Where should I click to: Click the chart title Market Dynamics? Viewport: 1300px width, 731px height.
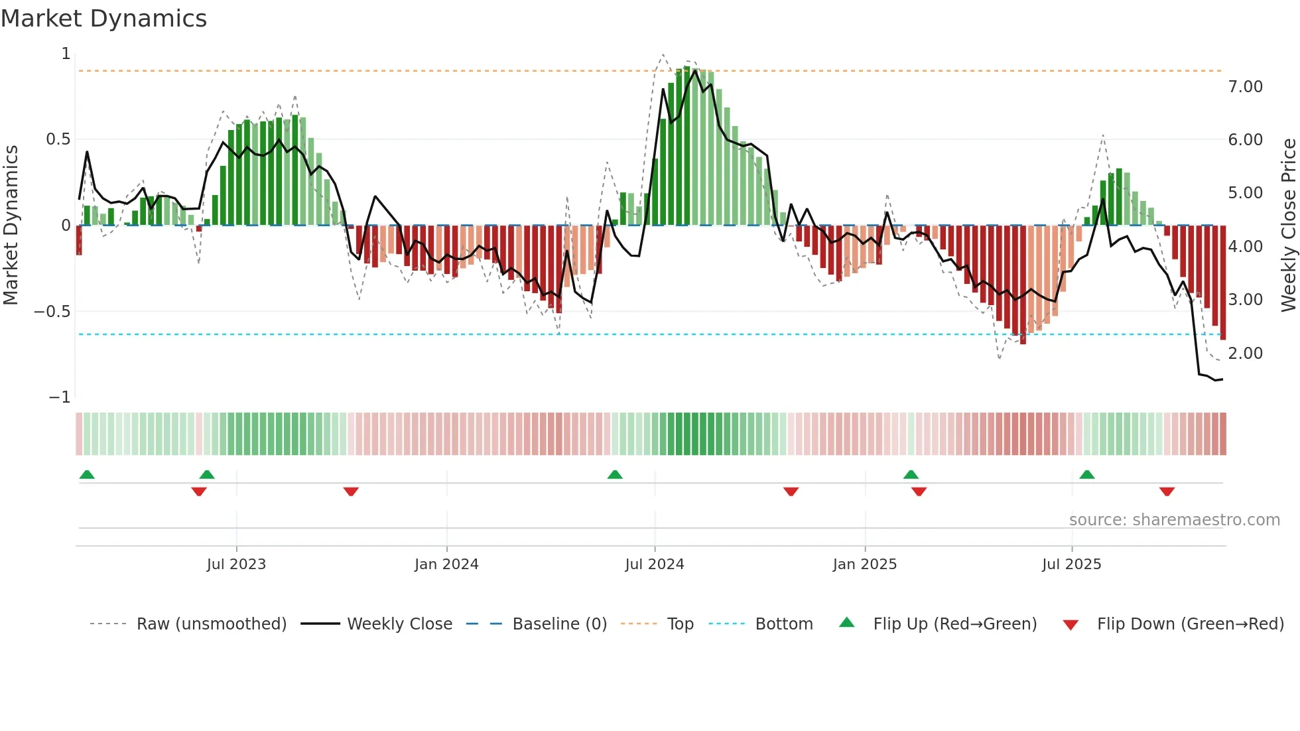coord(104,19)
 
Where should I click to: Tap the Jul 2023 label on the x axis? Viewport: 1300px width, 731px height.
coord(236,565)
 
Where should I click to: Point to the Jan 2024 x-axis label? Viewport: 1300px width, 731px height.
coord(446,565)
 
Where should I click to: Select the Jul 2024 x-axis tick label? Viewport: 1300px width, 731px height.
coord(655,565)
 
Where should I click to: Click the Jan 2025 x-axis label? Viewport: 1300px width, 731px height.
coord(865,565)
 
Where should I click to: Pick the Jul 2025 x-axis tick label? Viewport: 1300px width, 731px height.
coord(1072,565)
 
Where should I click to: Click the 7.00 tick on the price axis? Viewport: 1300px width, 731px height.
coord(1246,87)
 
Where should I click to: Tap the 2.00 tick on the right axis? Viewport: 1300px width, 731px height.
coord(1246,354)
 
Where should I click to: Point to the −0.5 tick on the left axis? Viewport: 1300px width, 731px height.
coord(52,312)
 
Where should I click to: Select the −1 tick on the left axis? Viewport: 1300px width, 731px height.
coord(60,397)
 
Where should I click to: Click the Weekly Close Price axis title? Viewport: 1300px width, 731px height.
coord(1289,225)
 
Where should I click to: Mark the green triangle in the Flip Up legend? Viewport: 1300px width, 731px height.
coord(847,623)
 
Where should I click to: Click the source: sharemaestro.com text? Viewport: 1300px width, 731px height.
coord(1175,520)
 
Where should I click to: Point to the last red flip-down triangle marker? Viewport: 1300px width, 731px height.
coord(1167,492)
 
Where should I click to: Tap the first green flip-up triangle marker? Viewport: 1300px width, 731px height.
coord(87,474)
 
